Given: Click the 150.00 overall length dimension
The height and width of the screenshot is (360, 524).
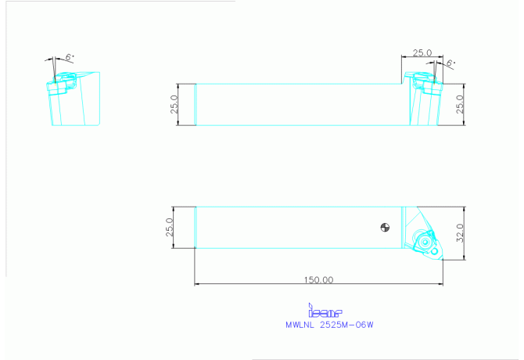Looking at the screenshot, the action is point(318,279).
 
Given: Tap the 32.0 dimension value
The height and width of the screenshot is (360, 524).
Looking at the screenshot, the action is point(460,233).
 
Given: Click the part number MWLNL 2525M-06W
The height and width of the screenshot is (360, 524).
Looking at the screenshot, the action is point(329,325).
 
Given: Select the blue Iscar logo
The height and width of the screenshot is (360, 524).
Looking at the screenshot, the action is point(325,310).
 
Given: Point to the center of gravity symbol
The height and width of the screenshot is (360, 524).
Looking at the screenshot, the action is point(385,227).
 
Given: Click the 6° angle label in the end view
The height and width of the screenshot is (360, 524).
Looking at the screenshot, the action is point(70,57).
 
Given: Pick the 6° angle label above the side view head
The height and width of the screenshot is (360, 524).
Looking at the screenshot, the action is point(450,63).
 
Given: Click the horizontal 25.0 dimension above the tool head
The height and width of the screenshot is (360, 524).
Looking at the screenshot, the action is point(422,52).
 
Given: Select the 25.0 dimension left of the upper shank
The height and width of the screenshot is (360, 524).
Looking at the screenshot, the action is point(174,104).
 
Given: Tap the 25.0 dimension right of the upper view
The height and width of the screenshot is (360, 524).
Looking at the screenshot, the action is point(460,104).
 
